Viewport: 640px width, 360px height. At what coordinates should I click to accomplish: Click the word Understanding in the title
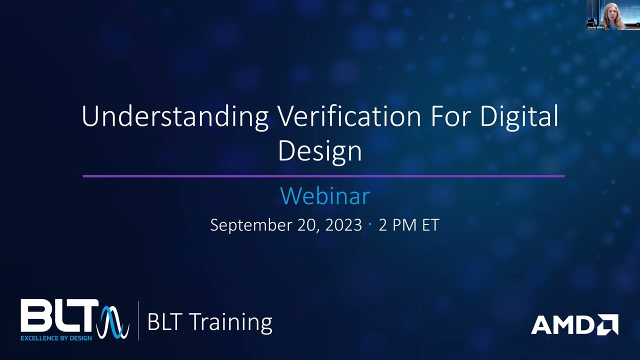pos(174,117)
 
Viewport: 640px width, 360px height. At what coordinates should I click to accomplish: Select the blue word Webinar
pos(324,195)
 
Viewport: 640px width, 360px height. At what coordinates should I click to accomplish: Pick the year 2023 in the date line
pos(343,225)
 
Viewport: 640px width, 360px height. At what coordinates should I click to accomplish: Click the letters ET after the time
pos(430,225)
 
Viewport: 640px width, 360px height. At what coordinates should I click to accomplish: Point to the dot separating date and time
pos(370,224)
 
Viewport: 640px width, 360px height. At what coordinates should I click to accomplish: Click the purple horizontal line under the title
pos(323,176)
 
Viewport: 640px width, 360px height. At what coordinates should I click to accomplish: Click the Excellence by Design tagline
pos(56,338)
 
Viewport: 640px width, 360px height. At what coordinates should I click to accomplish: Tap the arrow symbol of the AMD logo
pos(607,324)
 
